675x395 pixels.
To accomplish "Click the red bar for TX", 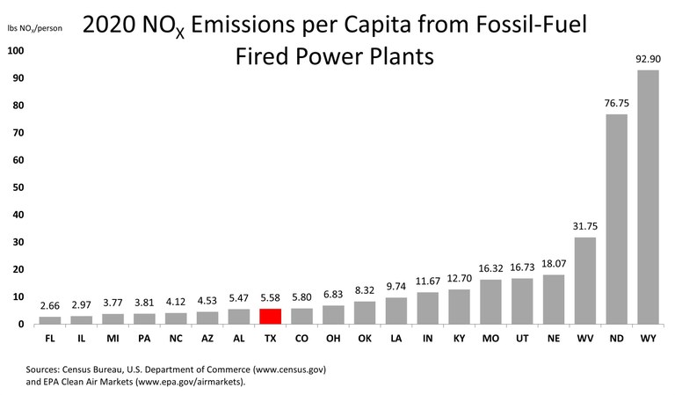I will pos(270,317).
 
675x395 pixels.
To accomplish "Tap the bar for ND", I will pos(616,220).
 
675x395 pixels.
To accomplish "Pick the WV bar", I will pos(584,282).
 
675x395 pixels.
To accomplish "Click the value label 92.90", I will pos(648,60).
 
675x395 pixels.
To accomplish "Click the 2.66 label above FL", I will pos(50,306).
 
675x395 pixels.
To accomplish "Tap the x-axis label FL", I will pos(50,337).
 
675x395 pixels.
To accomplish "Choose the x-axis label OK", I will pos(364,337).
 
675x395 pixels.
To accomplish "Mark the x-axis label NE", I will pos(553,337).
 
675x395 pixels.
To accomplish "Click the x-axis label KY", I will pos(459,337).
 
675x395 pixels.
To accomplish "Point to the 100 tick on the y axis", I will pos(15,50).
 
